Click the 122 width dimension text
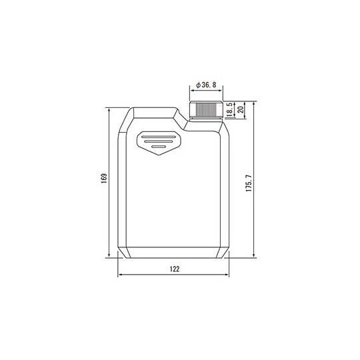tap(174, 269)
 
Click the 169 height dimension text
tap(103, 180)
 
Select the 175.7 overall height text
tap(248, 184)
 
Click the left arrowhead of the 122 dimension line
tap(119, 275)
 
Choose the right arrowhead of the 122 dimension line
tap(228, 275)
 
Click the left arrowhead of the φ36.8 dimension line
tap(191, 92)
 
